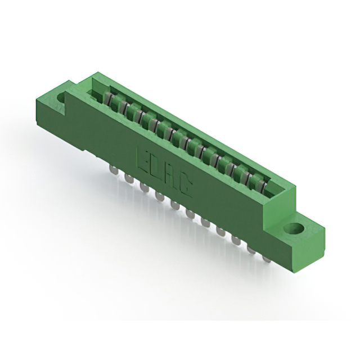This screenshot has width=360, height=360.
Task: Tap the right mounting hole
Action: click(294, 228)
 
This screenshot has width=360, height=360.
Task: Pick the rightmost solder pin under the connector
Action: click(267, 259)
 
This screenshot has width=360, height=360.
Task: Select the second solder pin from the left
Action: click(129, 178)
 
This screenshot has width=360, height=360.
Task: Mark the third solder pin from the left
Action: click(144, 187)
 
